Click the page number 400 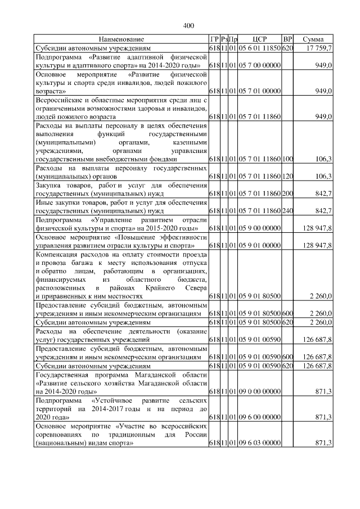point(188,25)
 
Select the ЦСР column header point(259,40)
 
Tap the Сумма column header point(313,40)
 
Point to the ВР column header point(287,40)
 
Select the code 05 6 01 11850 point(259,49)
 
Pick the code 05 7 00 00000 point(259,66)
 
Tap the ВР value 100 point(287,160)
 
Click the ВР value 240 point(287,211)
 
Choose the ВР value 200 point(287,194)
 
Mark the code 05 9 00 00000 point(259,228)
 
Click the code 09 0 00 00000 point(259,391)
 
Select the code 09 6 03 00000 point(259,443)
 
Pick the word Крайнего point(161,287)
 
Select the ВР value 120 point(287,177)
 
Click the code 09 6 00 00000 point(259,417)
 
